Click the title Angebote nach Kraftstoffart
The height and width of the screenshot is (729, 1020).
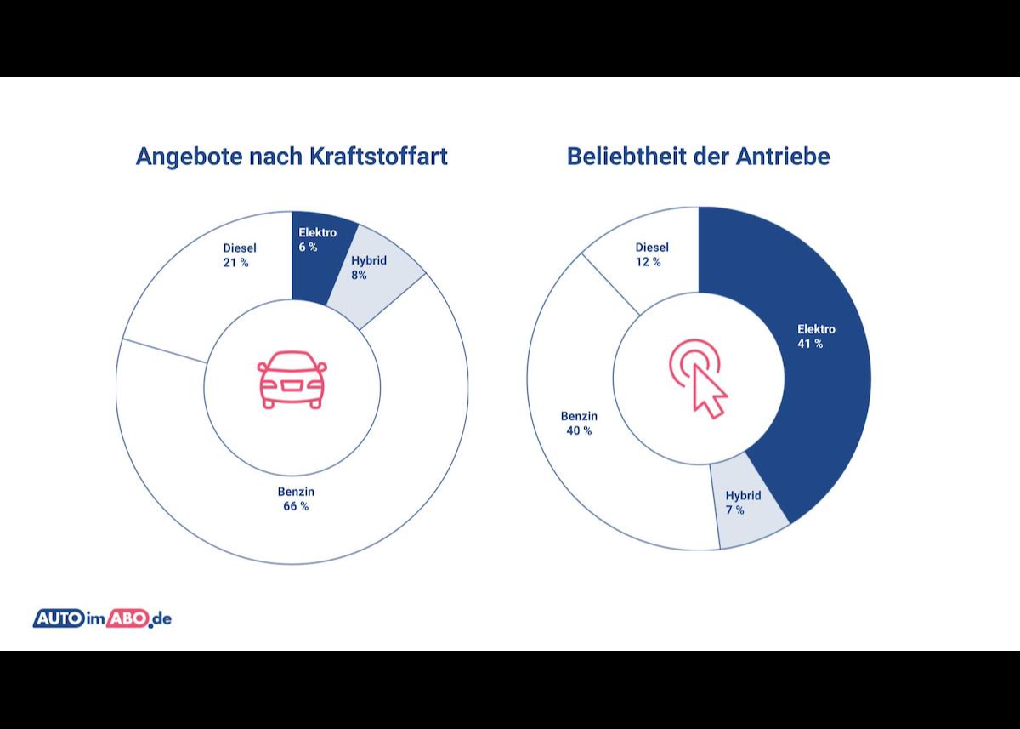[292, 157]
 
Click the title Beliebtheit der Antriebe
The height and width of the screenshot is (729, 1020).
[698, 157]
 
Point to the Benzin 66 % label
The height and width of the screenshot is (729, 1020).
[296, 498]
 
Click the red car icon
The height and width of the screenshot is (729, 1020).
[292, 379]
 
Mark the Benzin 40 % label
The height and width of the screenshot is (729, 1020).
[579, 423]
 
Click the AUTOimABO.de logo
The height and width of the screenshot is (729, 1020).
[102, 618]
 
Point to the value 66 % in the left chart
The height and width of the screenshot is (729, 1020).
[296, 506]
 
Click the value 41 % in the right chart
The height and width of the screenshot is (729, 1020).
[810, 344]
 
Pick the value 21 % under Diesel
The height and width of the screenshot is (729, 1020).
[236, 263]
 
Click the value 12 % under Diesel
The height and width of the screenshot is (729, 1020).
[648, 262]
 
